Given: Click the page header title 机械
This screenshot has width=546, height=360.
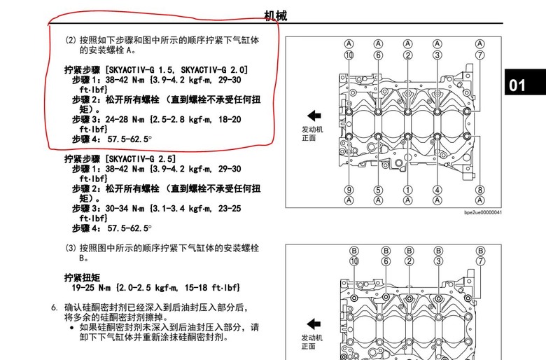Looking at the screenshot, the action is pyautogui.click(x=275, y=15).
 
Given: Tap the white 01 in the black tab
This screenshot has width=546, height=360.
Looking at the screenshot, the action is pyautogui.click(x=517, y=85).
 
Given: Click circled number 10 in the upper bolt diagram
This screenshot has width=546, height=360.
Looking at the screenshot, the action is pyautogui.click(x=349, y=55).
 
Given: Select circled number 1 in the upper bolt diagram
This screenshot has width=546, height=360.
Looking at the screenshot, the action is pyautogui.click(x=408, y=190).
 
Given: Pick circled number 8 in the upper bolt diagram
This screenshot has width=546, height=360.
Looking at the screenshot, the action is pyautogui.click(x=479, y=190).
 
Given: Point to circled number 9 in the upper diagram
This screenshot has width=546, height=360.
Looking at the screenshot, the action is pyautogui.click(x=349, y=190).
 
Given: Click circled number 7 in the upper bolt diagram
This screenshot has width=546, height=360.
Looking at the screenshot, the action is pyautogui.click(x=479, y=55).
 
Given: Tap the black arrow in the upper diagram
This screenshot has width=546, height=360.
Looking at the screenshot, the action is pyautogui.click(x=314, y=116).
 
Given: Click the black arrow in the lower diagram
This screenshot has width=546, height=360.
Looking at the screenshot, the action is pyautogui.click(x=314, y=324).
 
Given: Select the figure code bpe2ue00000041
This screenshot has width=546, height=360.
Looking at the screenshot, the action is pyautogui.click(x=483, y=212).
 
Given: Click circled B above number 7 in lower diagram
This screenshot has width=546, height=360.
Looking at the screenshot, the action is pyautogui.click(x=480, y=251).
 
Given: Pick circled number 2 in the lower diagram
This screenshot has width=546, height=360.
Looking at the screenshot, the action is pyautogui.click(x=409, y=261).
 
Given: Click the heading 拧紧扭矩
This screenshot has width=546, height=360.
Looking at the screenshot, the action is pyautogui.click(x=82, y=278).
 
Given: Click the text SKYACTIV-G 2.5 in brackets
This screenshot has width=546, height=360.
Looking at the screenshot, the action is pyautogui.click(x=141, y=159).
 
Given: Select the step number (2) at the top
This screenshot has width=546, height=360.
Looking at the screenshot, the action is pyautogui.click(x=71, y=40).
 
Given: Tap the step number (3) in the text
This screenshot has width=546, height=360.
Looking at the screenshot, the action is pyautogui.click(x=71, y=248).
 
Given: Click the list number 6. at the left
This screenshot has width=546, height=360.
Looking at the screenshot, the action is pyautogui.click(x=54, y=307).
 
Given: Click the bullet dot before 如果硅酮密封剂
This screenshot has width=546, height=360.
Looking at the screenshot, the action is pyautogui.click(x=71, y=328).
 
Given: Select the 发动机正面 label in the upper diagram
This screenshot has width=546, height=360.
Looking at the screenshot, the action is pyautogui.click(x=312, y=134).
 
